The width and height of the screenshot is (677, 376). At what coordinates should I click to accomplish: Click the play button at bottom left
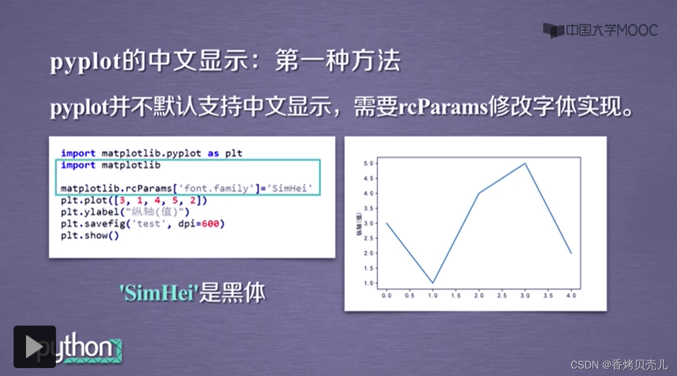click(35, 347)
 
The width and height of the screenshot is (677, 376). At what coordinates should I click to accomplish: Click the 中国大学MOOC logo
click(601, 30)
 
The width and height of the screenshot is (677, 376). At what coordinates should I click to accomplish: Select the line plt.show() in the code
click(90, 236)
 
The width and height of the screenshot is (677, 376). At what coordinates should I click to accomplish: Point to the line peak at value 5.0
click(525, 164)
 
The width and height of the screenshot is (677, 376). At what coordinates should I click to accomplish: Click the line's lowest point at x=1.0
click(433, 283)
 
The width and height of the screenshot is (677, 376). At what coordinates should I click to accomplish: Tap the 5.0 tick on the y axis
click(369, 164)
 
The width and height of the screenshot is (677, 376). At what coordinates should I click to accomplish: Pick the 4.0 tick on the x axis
click(571, 295)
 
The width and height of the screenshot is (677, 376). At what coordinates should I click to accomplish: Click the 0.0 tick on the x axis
click(387, 295)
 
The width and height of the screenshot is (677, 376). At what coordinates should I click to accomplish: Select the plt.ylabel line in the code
click(124, 212)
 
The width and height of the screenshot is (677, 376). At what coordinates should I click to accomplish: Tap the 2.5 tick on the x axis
click(502, 295)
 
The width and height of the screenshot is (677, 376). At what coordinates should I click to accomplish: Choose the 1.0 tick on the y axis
click(369, 283)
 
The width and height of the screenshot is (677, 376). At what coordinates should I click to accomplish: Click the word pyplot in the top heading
click(85, 62)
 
